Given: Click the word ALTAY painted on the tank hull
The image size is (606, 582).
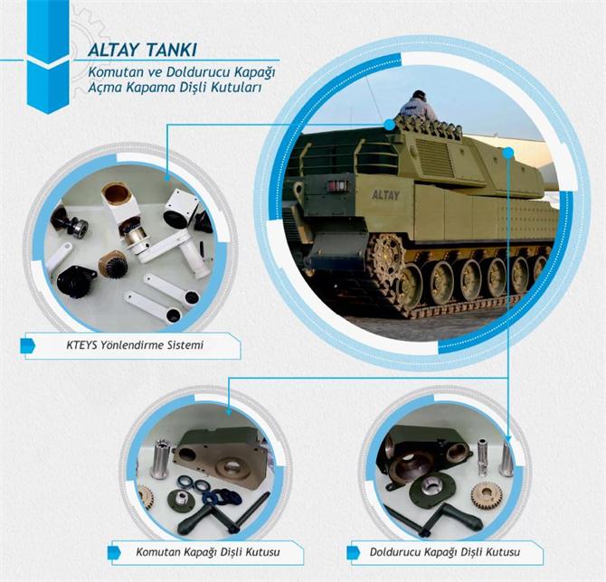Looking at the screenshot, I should click(x=385, y=194).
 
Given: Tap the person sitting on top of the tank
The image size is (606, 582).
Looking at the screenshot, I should click(x=418, y=108).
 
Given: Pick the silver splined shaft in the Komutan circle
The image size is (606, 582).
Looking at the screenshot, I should click(x=161, y=458).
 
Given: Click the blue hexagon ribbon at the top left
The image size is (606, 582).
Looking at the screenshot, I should click(x=48, y=54).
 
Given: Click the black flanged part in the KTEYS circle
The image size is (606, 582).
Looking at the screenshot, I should click(x=75, y=280).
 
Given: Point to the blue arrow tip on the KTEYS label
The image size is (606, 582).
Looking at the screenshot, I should click(x=30, y=344).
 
